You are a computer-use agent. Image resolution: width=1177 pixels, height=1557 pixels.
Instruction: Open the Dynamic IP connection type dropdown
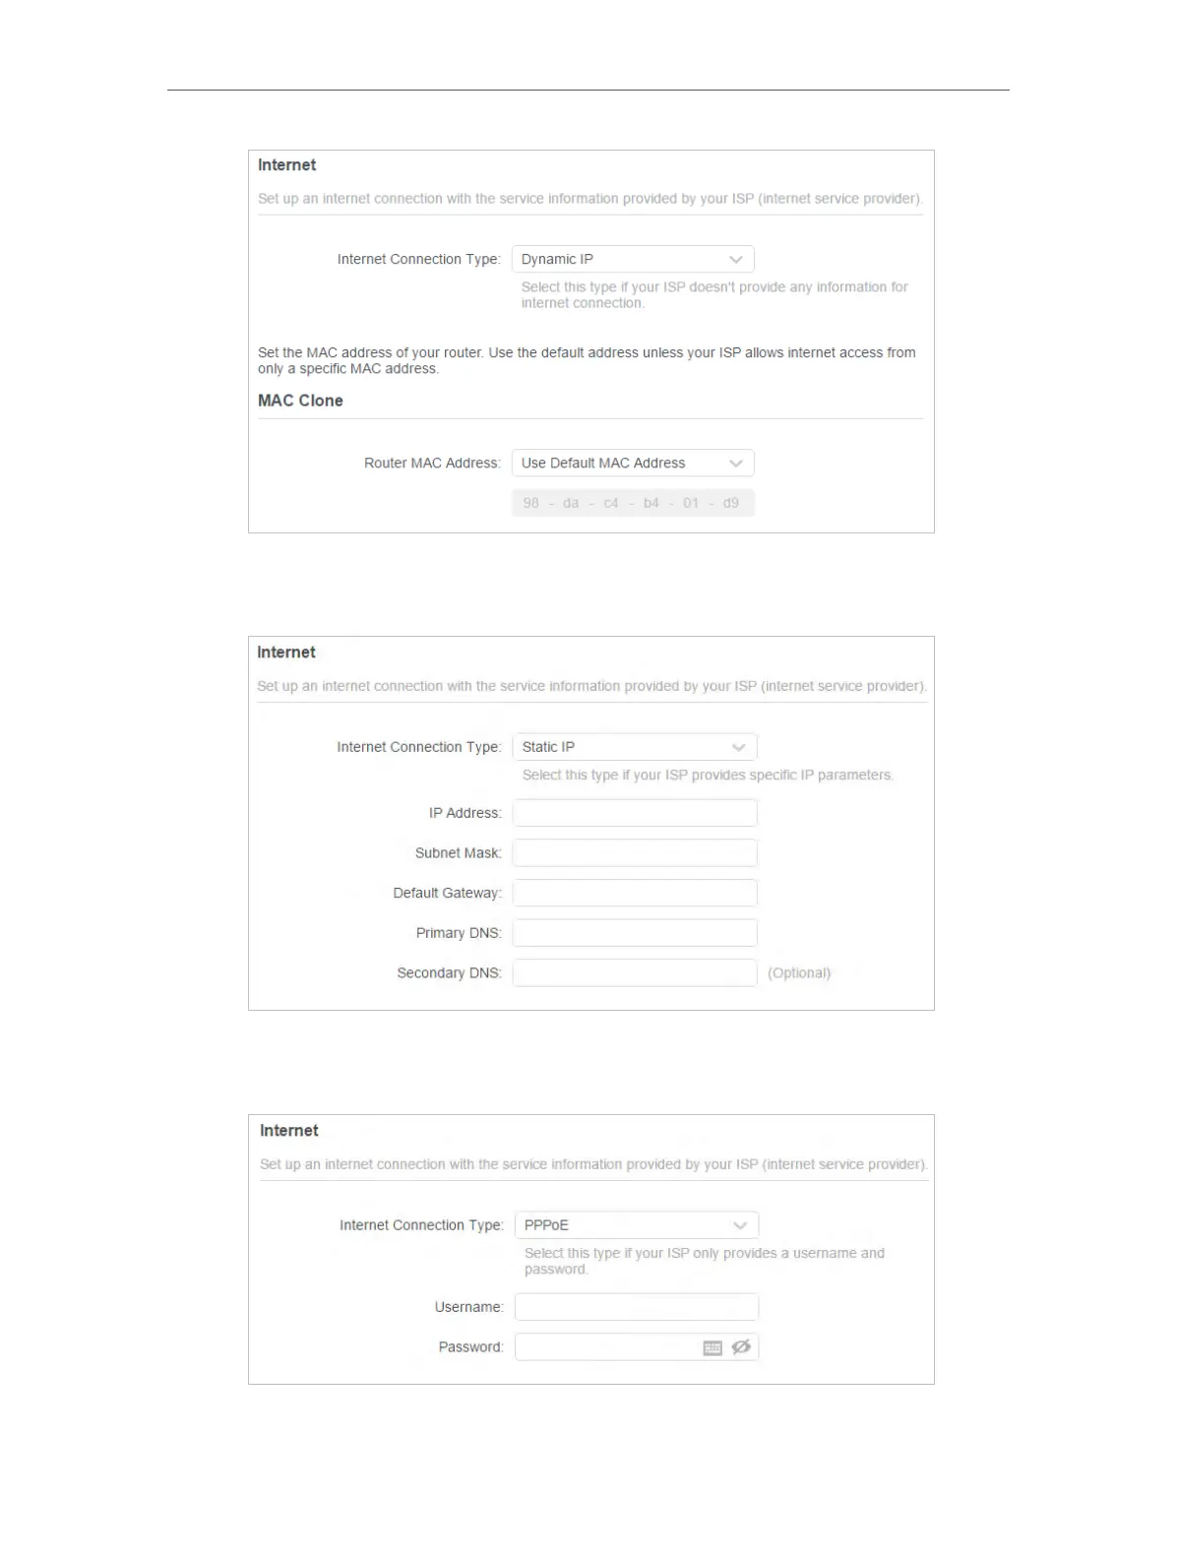tap(633, 259)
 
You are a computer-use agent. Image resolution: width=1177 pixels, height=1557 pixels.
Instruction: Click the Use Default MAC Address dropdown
tap(633, 463)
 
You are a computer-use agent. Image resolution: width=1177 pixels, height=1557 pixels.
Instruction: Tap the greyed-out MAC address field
tap(633, 503)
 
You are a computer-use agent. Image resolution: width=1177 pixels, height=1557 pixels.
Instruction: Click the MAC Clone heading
tap(300, 401)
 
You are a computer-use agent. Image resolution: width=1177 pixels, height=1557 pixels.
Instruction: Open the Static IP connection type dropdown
tap(635, 747)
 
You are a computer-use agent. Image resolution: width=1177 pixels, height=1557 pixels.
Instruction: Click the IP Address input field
tap(635, 813)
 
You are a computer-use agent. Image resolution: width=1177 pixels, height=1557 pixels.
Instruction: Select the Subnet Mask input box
tap(635, 853)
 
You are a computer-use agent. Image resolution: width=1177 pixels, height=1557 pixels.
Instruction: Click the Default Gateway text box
tap(635, 893)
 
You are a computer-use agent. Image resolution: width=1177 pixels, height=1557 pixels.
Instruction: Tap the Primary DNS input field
tap(635, 933)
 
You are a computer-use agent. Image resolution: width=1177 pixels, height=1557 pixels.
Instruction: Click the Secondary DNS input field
tap(635, 972)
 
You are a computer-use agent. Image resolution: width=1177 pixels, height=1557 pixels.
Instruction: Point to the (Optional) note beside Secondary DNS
tap(799, 972)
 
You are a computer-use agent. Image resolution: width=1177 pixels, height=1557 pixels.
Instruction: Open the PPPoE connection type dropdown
tap(637, 1225)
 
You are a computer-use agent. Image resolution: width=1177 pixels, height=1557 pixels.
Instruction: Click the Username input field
tap(637, 1307)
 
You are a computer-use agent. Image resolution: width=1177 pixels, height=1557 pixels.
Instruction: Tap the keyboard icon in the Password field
tap(712, 1347)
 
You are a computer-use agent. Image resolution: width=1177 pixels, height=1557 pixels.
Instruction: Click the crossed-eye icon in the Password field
tap(741, 1346)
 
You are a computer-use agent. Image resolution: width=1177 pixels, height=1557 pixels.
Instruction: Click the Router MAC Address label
tap(432, 463)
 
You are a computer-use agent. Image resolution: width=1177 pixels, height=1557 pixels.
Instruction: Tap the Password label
tap(470, 1346)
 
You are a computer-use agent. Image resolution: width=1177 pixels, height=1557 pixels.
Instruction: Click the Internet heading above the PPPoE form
tap(289, 1130)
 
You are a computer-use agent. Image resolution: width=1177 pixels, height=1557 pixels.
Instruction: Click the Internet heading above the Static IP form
tap(286, 652)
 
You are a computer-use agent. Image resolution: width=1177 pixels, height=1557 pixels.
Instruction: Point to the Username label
tap(468, 1307)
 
